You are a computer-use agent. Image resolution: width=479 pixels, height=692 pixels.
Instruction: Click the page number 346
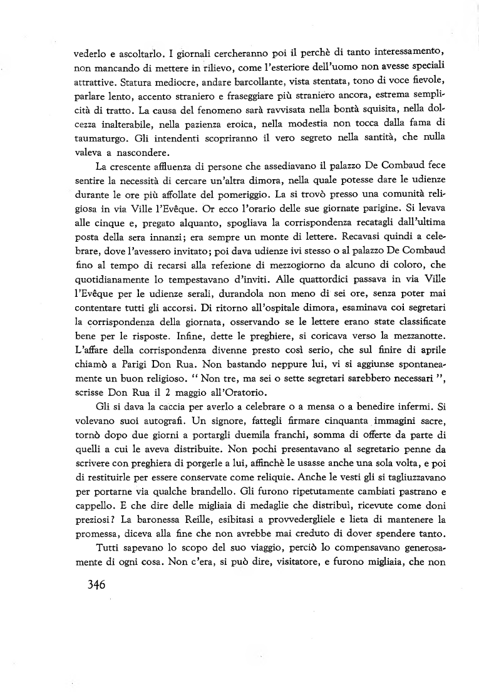(87, 586)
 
